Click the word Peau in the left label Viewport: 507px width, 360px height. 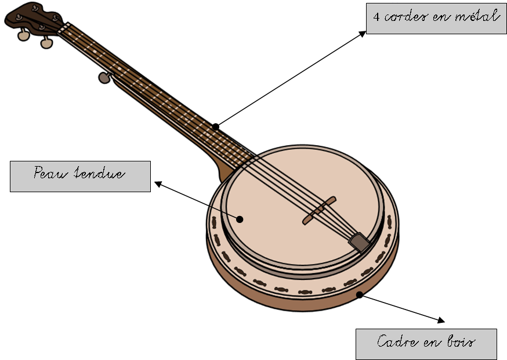coord(49,173)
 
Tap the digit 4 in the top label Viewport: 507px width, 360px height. coord(377,17)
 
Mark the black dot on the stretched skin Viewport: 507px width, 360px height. coord(240,218)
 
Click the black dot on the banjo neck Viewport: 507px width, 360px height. coord(215,126)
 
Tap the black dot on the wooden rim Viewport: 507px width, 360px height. coord(360,295)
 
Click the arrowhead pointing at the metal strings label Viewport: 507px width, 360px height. coord(363,33)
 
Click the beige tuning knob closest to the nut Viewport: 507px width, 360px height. coord(47,42)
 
